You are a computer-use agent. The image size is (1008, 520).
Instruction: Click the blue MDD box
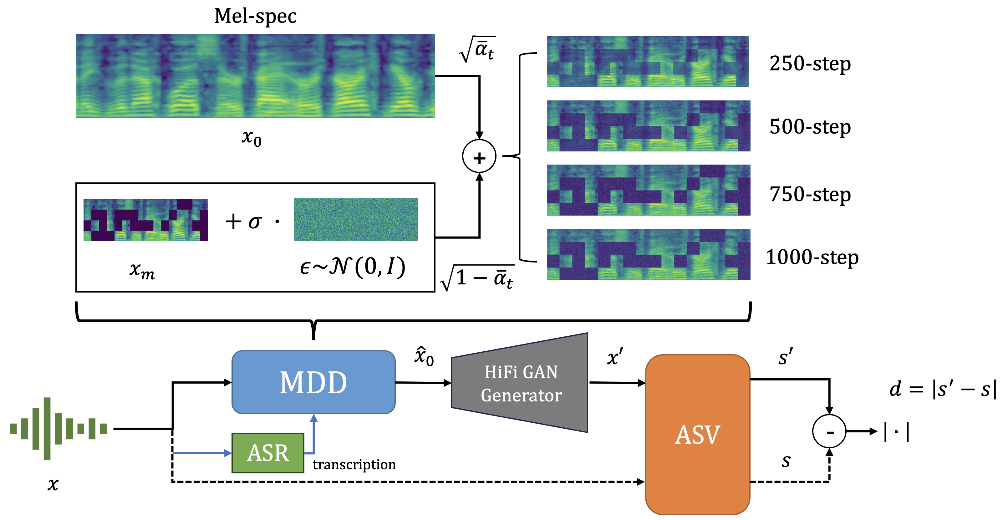[x=313, y=382]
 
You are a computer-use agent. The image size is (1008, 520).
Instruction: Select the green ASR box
[x=268, y=453]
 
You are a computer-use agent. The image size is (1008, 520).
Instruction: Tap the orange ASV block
[x=697, y=434]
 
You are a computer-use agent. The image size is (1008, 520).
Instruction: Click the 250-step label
[x=810, y=64]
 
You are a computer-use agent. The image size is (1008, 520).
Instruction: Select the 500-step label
[x=810, y=127]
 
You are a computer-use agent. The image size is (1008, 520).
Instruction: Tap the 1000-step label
[x=812, y=257]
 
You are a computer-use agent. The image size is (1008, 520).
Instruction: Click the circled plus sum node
[x=479, y=156]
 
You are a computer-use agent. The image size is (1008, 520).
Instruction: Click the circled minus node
[x=829, y=431]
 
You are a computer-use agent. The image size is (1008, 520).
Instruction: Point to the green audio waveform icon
[x=58, y=428]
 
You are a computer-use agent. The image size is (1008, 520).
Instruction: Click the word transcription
[x=354, y=464]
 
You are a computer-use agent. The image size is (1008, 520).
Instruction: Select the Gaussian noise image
[x=356, y=220]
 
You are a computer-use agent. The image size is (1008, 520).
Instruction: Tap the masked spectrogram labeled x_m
[x=145, y=220]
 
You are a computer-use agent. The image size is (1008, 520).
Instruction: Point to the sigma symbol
[x=255, y=222]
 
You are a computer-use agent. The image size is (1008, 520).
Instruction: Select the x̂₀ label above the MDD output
[x=424, y=356]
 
